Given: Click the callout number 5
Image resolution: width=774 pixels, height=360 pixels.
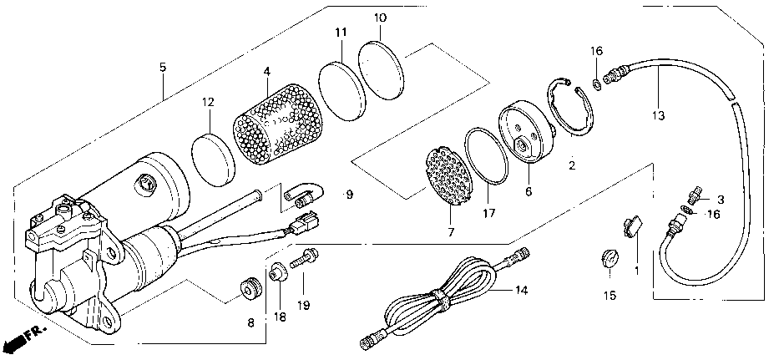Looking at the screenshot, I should click(x=163, y=67).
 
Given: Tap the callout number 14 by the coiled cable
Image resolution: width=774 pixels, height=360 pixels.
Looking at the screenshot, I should click(x=520, y=291).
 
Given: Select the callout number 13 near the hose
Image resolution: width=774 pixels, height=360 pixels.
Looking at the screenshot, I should click(x=658, y=115).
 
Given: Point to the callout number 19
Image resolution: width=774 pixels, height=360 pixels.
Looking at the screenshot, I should click(x=303, y=305).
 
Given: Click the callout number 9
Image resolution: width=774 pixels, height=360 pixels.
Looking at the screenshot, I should click(x=348, y=195).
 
